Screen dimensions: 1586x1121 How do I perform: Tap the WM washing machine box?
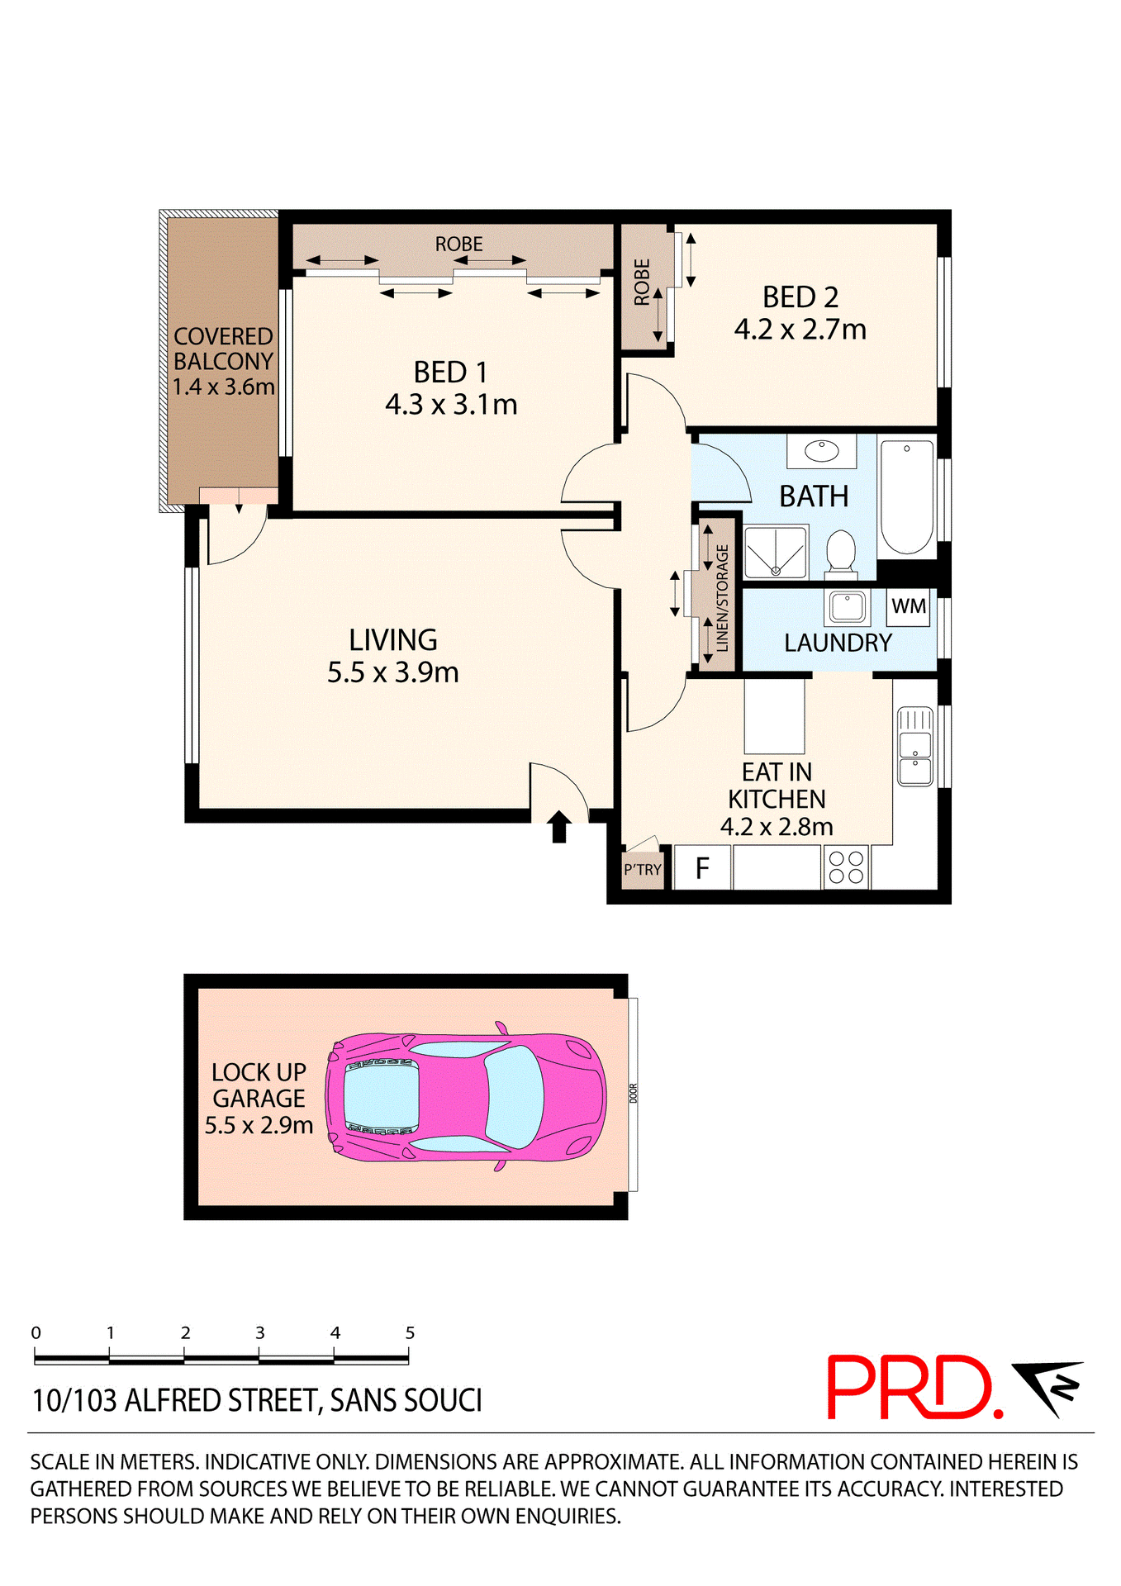[908, 606]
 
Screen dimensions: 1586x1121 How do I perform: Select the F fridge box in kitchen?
[702, 868]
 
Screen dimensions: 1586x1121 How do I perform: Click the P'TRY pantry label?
[643, 870]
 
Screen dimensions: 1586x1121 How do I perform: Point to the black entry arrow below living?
[559, 826]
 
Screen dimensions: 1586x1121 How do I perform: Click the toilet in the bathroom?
[841, 551]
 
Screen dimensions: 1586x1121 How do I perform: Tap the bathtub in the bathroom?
[907, 498]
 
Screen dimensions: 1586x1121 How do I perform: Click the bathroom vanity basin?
[821, 451]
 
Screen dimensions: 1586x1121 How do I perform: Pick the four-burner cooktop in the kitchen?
[846, 867]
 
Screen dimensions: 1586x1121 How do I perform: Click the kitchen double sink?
[914, 746]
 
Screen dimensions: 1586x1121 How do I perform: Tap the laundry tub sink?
[847, 607]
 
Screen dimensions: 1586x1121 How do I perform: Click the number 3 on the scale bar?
[259, 1332]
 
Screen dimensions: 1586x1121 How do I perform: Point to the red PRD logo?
[914, 1387]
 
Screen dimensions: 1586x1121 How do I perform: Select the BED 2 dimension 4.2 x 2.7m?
[800, 330]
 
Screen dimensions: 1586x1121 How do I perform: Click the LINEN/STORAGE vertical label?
[722, 597]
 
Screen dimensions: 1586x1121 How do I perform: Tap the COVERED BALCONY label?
[223, 361]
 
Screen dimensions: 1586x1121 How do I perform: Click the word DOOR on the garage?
[634, 1093]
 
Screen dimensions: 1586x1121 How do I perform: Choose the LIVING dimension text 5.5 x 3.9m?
[392, 672]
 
